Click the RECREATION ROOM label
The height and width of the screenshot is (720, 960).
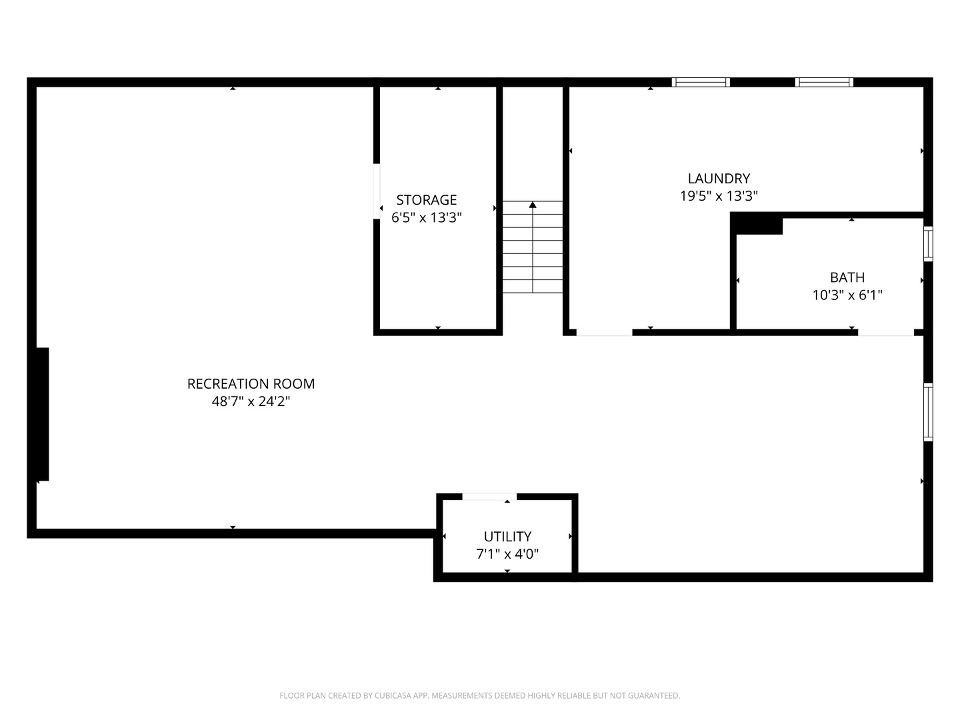pos(251,383)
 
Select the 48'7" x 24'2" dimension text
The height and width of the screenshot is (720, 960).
pos(251,401)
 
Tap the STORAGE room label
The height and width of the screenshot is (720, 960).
pos(427,200)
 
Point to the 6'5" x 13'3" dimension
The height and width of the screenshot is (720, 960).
pos(427,217)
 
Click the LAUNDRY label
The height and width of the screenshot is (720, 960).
pos(719,179)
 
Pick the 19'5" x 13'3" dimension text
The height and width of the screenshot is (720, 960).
pos(719,196)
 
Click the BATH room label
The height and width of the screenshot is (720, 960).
pos(847,277)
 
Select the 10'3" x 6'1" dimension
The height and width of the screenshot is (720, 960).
pos(847,295)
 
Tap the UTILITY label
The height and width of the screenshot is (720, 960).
pos(507,536)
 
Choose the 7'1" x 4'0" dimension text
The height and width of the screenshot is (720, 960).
pos(507,554)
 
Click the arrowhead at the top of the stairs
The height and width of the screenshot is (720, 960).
pos(532,205)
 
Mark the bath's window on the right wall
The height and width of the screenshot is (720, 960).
pos(927,244)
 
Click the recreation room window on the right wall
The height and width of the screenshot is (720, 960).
pos(927,412)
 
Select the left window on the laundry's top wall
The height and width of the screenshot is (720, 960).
pos(701,82)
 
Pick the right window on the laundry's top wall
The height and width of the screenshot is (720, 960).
pos(824,82)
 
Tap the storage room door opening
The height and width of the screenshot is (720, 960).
pos(377,191)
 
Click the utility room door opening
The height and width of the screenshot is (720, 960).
pos(489,496)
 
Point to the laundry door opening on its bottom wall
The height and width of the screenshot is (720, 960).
pos(604,333)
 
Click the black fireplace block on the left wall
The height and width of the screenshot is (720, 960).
pos(42,414)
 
